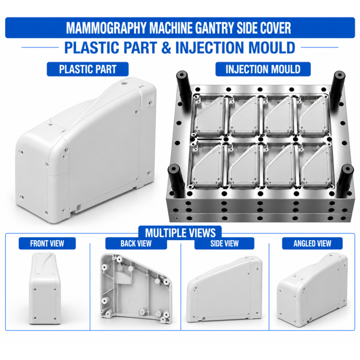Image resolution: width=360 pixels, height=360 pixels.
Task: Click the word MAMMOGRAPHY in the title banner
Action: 106,28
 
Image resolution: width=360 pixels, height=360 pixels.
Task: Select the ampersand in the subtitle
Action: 167,47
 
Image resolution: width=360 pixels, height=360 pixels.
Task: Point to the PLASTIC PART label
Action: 88,69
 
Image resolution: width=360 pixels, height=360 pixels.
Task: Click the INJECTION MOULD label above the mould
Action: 263,69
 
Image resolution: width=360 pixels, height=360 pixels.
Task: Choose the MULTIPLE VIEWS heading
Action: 180,233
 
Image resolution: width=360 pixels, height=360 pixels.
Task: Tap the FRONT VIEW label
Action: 47,243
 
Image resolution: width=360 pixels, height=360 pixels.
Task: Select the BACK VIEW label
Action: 136,243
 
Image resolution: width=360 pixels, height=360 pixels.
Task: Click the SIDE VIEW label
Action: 224,243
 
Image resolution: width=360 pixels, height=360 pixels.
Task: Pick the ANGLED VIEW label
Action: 312,243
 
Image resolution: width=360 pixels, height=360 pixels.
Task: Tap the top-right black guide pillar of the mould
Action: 337,90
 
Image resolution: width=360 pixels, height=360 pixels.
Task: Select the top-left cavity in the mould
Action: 209,116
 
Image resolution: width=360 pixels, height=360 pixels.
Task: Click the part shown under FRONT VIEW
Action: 45,289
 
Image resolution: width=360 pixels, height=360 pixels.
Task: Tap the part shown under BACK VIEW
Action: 136,289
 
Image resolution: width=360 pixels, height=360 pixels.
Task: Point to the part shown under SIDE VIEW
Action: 225,290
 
